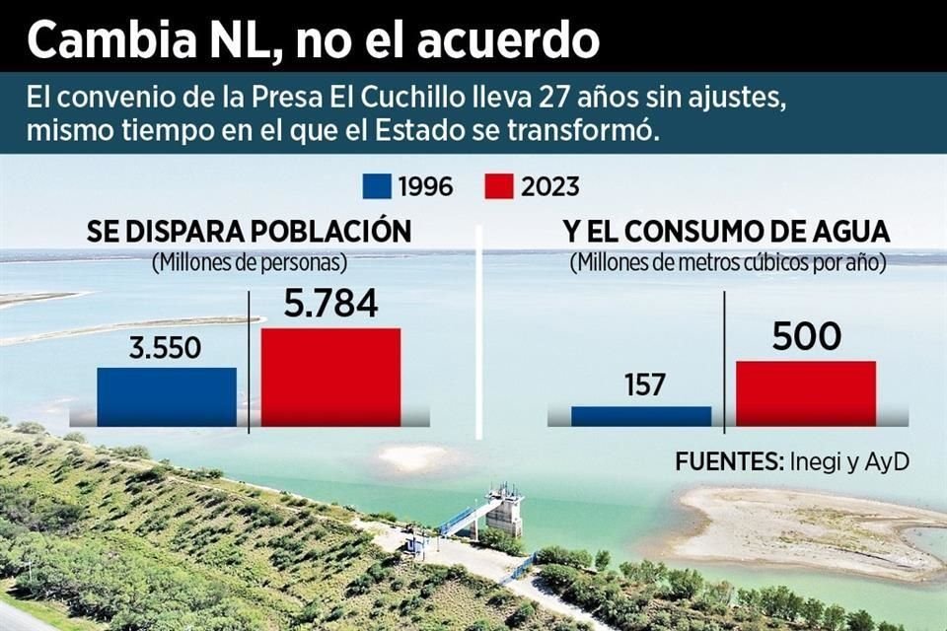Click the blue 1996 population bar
[x=167, y=396]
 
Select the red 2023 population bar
[x=330, y=377]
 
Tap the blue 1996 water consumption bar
[x=641, y=416]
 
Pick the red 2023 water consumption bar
[x=806, y=392]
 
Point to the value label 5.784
[x=330, y=304]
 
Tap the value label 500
[x=806, y=337]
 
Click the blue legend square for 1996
[x=377, y=186]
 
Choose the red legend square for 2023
[x=500, y=186]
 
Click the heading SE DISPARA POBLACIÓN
[x=249, y=233]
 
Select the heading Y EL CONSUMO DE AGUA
[x=726, y=233]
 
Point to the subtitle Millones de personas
[x=249, y=263]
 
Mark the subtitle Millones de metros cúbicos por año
[x=726, y=263]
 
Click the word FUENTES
[x=727, y=461]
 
